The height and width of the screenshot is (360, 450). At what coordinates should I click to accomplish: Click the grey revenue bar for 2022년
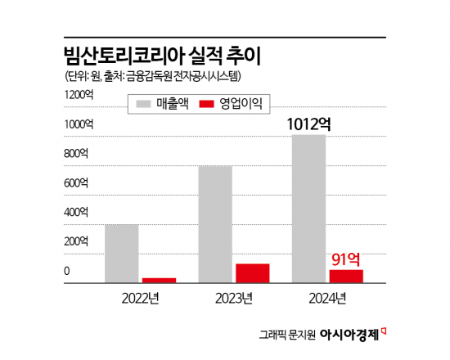121,254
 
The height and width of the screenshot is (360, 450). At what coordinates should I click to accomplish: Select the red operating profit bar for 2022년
159,280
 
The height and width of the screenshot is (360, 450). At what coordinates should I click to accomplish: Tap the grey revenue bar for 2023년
215,224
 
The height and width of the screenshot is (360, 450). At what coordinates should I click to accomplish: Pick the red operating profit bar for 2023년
252,273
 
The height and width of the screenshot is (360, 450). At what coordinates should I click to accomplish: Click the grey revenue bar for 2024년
308,209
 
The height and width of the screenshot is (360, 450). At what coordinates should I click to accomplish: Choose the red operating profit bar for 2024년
346,276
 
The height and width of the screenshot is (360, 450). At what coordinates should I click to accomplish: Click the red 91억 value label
346,259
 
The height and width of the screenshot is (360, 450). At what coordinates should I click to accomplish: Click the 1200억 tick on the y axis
79,95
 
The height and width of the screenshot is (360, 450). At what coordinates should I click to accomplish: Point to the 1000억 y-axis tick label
79,124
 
